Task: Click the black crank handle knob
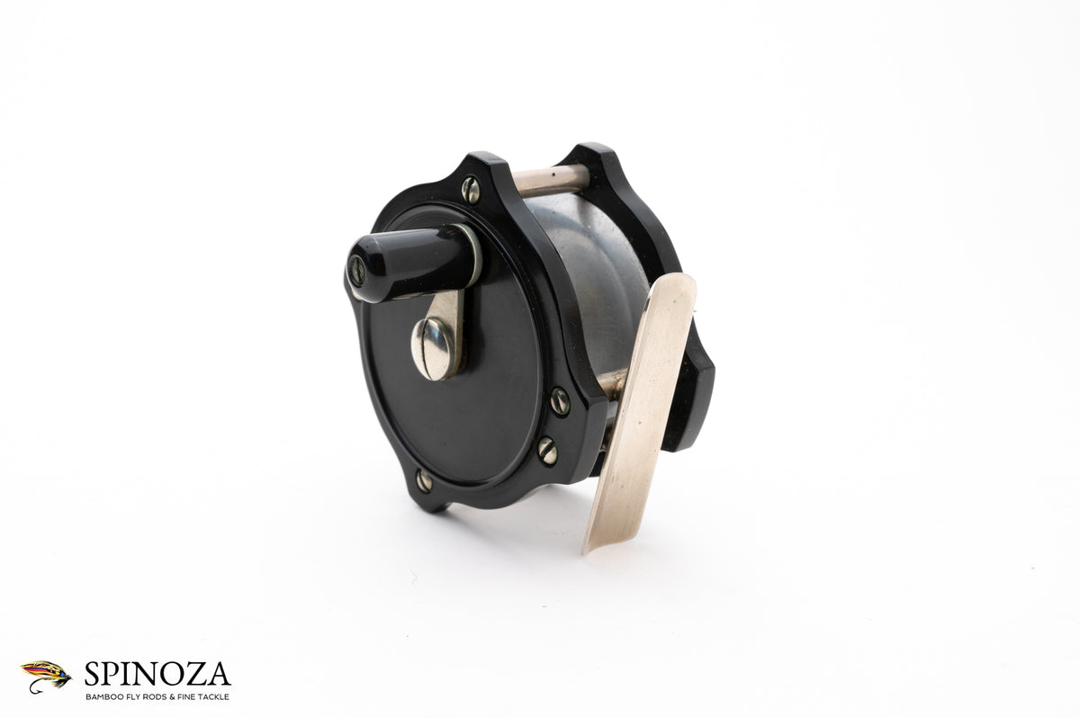(409, 263)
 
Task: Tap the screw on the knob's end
(357, 270)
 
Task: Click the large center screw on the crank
(433, 348)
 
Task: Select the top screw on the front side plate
(471, 190)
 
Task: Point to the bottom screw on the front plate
(424, 480)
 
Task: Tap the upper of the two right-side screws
(559, 401)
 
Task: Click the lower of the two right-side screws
(547, 451)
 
